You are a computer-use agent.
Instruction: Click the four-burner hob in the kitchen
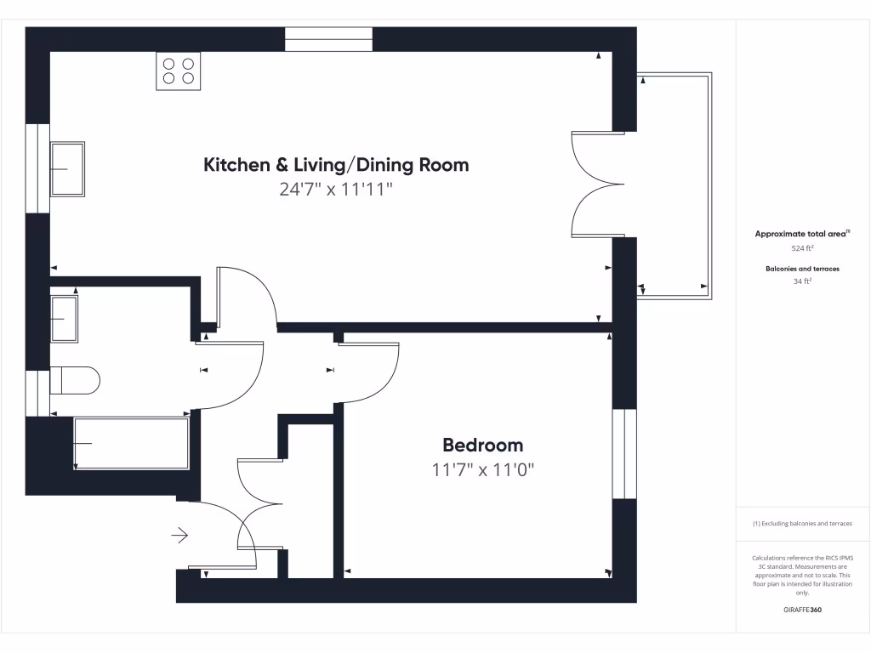click(x=179, y=71)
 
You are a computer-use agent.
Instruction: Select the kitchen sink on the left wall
click(x=67, y=168)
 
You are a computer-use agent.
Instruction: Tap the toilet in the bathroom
click(x=75, y=379)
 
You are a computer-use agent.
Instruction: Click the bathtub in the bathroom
click(x=131, y=443)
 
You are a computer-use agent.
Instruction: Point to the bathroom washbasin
click(x=65, y=318)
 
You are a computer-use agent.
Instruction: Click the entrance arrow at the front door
click(x=179, y=535)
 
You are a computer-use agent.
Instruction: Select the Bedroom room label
click(x=482, y=445)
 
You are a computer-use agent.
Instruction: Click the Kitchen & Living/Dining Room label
click(x=336, y=164)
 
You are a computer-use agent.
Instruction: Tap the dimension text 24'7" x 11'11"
click(x=336, y=189)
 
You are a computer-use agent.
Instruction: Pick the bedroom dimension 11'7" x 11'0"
click(x=482, y=469)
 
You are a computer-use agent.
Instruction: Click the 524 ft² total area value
click(x=802, y=248)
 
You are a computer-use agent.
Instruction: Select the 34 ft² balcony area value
click(x=802, y=281)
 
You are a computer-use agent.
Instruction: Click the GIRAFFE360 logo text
click(x=802, y=610)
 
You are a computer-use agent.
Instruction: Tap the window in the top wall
click(x=328, y=39)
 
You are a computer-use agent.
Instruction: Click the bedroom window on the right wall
click(x=624, y=453)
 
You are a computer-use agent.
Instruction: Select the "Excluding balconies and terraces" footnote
click(x=802, y=524)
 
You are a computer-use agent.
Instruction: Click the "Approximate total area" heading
click(x=802, y=234)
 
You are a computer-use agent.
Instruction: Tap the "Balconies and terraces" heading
click(x=802, y=268)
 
